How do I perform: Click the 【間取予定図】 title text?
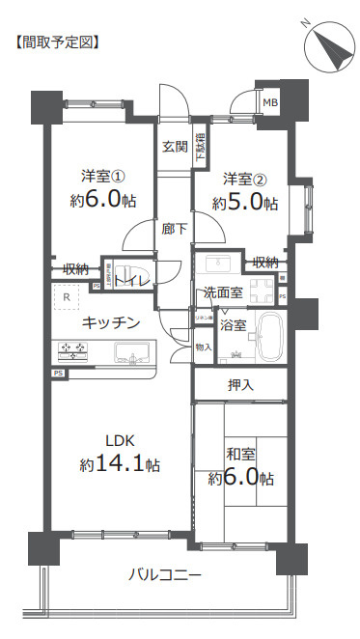(57, 42)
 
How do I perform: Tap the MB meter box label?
(271, 103)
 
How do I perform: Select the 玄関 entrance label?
(175, 147)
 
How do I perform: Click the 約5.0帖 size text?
(245, 204)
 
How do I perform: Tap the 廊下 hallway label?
(175, 229)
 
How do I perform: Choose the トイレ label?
(132, 280)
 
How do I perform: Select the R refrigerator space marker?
(66, 297)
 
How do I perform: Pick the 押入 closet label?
(240, 384)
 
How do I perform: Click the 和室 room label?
(239, 453)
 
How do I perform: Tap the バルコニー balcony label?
(165, 575)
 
